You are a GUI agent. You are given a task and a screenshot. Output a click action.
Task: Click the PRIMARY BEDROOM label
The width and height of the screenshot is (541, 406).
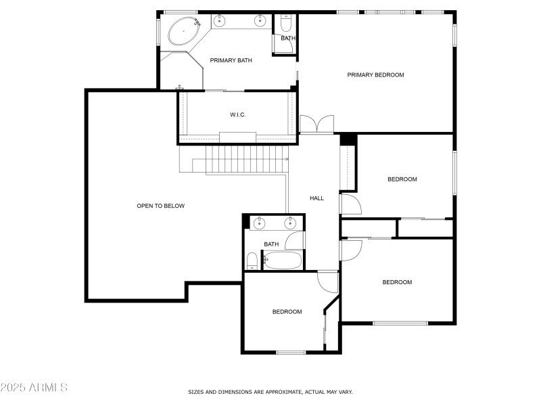pyautogui.click(x=375, y=75)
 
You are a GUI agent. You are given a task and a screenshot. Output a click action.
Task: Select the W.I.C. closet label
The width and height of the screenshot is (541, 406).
pyautogui.click(x=238, y=114)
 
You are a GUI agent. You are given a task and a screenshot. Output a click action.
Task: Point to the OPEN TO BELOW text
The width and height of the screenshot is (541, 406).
pyautogui.click(x=161, y=206)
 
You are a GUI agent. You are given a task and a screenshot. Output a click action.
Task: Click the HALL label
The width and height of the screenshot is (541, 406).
pyautogui.click(x=316, y=198)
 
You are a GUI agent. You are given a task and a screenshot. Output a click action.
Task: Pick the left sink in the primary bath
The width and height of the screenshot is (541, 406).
pyautogui.click(x=219, y=21)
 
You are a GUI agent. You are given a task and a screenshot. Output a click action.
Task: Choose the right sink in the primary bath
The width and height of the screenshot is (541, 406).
pyautogui.click(x=260, y=21)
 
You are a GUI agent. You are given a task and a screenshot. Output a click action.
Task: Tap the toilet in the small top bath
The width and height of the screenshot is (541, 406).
pyautogui.click(x=286, y=23)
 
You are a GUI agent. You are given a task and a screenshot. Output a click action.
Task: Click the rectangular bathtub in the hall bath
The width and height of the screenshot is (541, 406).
pyautogui.click(x=282, y=261)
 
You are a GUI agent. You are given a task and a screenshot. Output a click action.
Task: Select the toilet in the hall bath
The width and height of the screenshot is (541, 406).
pyautogui.click(x=252, y=261)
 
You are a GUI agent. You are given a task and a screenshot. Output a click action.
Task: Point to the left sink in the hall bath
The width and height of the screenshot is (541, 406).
pyautogui.click(x=259, y=223)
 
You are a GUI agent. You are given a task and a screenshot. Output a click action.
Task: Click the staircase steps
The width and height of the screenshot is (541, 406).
pyautogui.click(x=247, y=159)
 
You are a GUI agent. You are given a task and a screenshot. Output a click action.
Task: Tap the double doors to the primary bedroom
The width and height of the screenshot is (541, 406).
pyautogui.click(x=316, y=125)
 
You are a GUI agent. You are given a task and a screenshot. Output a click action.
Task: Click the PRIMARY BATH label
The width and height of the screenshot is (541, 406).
pyautogui.click(x=231, y=60)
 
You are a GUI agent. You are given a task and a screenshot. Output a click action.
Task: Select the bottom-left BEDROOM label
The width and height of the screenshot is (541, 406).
pyautogui.click(x=287, y=312)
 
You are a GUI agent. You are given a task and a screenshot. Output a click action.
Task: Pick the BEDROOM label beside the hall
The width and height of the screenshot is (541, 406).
pyautogui.click(x=402, y=179)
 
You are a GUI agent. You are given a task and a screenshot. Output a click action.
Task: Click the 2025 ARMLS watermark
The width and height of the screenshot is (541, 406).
pyautogui.click(x=34, y=387)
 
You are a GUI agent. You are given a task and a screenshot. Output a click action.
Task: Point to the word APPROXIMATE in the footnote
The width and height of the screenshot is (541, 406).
pyautogui.click(x=285, y=392)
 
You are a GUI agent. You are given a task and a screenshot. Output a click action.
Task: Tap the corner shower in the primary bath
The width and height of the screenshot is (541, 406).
pyautogui.click(x=181, y=71)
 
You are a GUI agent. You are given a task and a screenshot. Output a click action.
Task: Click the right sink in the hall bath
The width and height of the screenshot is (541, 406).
pyautogui.click(x=290, y=223)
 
